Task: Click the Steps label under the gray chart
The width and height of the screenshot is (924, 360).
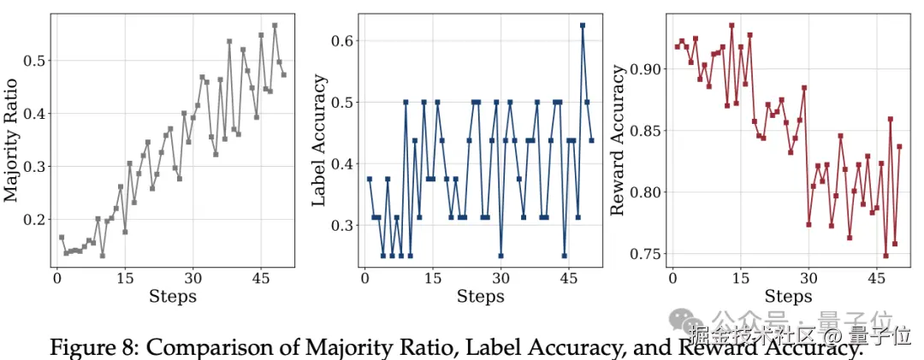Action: (172, 297)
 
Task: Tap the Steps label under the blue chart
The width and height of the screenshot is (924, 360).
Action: (480, 297)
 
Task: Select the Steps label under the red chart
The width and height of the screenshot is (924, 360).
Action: (788, 297)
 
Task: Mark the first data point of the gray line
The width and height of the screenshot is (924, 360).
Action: (62, 237)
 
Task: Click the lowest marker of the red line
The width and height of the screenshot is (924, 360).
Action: (886, 256)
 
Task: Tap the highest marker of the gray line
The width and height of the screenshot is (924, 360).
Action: (275, 26)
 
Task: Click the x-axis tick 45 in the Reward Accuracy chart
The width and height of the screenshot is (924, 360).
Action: (877, 278)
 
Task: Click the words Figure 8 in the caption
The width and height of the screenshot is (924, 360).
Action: (92, 348)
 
